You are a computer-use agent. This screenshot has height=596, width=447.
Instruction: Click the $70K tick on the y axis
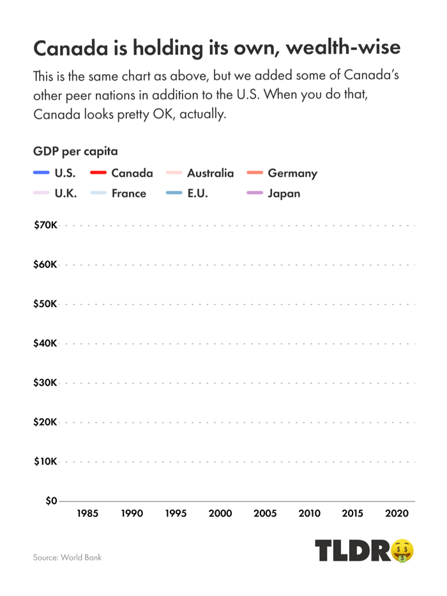[45, 225]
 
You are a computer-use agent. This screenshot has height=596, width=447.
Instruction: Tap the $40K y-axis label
[45, 343]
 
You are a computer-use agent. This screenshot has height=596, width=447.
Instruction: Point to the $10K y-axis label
[45, 461]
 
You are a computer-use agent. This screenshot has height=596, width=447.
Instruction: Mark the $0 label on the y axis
[50, 501]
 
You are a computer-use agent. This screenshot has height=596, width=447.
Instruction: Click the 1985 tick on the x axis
[87, 513]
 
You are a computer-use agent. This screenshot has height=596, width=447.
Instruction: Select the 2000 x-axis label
[220, 513]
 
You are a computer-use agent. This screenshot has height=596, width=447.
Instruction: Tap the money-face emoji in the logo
[402, 550]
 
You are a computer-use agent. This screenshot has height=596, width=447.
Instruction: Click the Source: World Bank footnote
[67, 557]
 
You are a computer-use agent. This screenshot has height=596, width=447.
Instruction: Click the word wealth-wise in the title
[344, 49]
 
